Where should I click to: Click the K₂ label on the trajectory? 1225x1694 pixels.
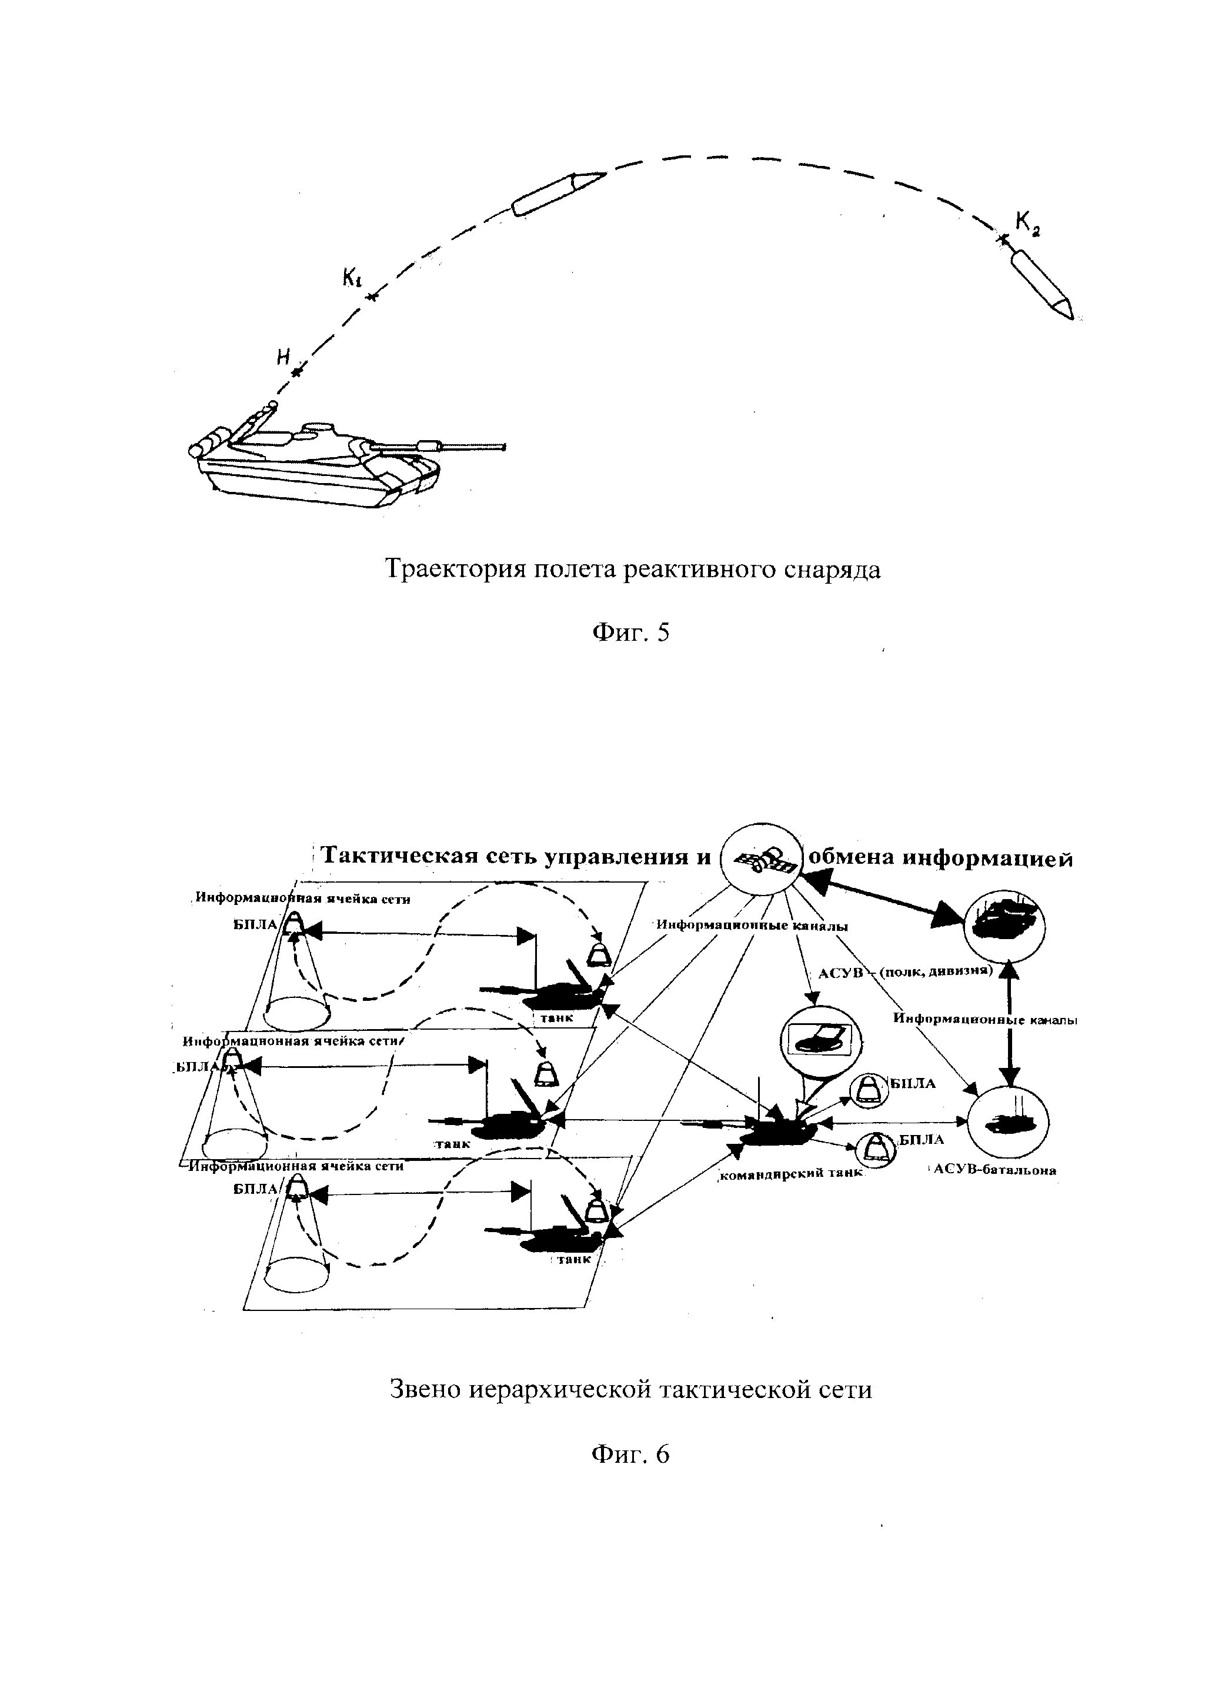click(x=1027, y=222)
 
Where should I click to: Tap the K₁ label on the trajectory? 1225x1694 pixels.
click(x=352, y=278)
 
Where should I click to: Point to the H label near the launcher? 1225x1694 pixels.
click(x=283, y=357)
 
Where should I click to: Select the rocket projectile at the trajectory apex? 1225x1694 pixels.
click(x=557, y=192)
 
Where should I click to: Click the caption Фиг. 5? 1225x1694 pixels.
click(x=631, y=633)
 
